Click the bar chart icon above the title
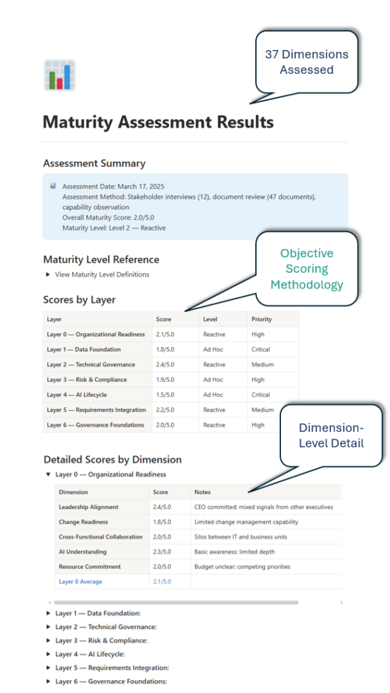click(59, 75)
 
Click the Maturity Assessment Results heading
click(158, 122)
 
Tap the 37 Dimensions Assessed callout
click(306, 62)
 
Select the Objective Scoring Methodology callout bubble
click(306, 269)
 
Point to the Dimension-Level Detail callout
click(330, 436)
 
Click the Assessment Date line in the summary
click(113, 186)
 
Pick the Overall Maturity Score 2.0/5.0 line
click(109, 218)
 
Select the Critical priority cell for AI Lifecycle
click(261, 395)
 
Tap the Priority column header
click(262, 319)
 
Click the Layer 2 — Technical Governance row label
click(91, 365)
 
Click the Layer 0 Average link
click(81, 581)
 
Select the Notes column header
click(202, 492)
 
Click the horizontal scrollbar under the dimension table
click(176, 602)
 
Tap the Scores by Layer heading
click(79, 300)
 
